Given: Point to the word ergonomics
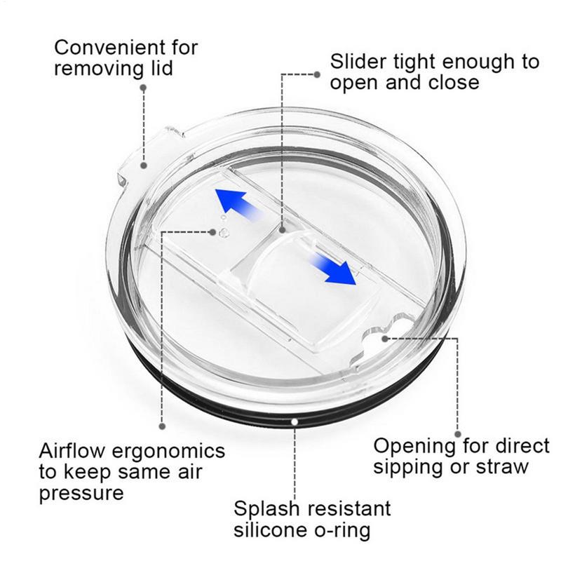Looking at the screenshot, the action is tap(168, 452).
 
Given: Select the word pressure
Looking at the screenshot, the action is tap(81, 494).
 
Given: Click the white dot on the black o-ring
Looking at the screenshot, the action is tap(295, 422).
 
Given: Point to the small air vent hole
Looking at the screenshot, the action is tap(224, 233).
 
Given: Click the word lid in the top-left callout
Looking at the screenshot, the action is tap(161, 68).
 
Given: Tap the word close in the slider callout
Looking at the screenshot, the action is tap(454, 83).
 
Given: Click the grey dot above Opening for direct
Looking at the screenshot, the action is tap(458, 434).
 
